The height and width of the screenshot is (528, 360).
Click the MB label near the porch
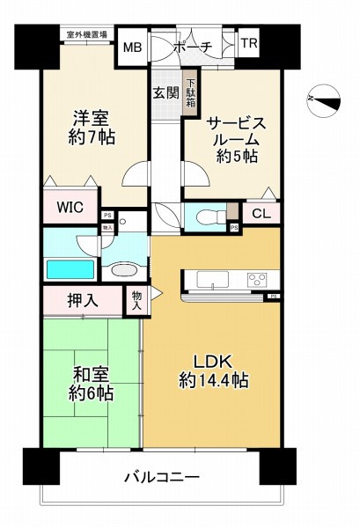tap(133, 47)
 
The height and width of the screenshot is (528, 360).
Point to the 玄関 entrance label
tap(165, 92)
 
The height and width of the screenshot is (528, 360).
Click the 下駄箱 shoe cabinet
tap(189, 95)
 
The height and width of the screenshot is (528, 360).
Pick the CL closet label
tap(261, 213)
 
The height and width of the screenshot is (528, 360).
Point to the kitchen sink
tap(213, 281)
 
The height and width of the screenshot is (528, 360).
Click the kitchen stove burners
tap(257, 281)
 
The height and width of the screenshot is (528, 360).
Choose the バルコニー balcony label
tap(161, 477)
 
